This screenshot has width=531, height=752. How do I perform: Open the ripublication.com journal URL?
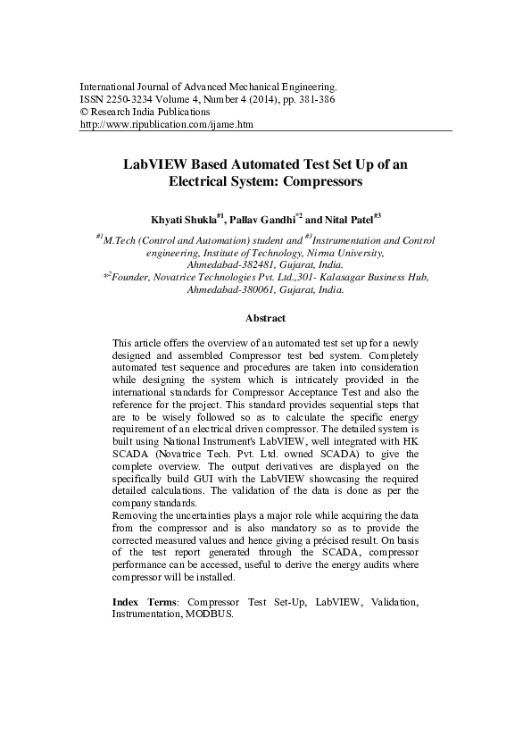[167, 125]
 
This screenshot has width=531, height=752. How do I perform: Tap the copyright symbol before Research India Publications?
[85, 113]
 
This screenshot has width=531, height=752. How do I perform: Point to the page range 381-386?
[318, 100]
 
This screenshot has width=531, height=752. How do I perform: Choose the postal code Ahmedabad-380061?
[222, 290]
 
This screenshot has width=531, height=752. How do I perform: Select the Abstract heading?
[265, 317]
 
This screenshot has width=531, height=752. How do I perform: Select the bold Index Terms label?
[143, 603]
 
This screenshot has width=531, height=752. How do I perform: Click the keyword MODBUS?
[209, 615]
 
